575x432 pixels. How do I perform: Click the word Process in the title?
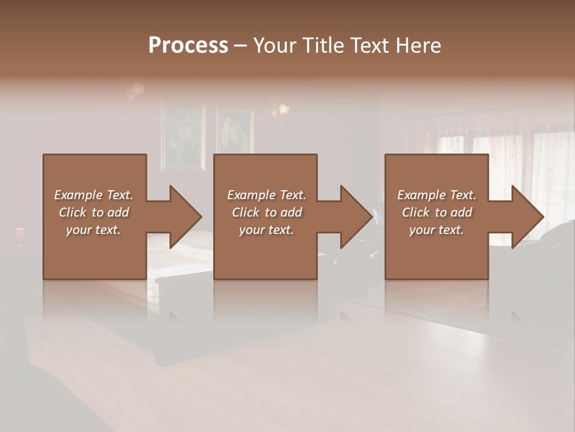click(188, 46)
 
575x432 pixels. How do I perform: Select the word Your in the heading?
click(274, 46)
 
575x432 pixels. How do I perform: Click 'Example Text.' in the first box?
click(93, 195)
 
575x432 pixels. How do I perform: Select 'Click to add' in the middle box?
click(267, 212)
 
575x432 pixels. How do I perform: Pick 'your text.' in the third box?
click(436, 230)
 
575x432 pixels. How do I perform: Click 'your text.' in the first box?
click(93, 230)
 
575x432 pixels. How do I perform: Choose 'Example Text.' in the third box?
click(436, 195)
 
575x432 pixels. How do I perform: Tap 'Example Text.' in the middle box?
click(267, 195)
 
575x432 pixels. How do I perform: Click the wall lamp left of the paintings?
click(135, 91)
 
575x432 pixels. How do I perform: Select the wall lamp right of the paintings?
click(280, 106)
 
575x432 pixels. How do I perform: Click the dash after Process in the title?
click(240, 46)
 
